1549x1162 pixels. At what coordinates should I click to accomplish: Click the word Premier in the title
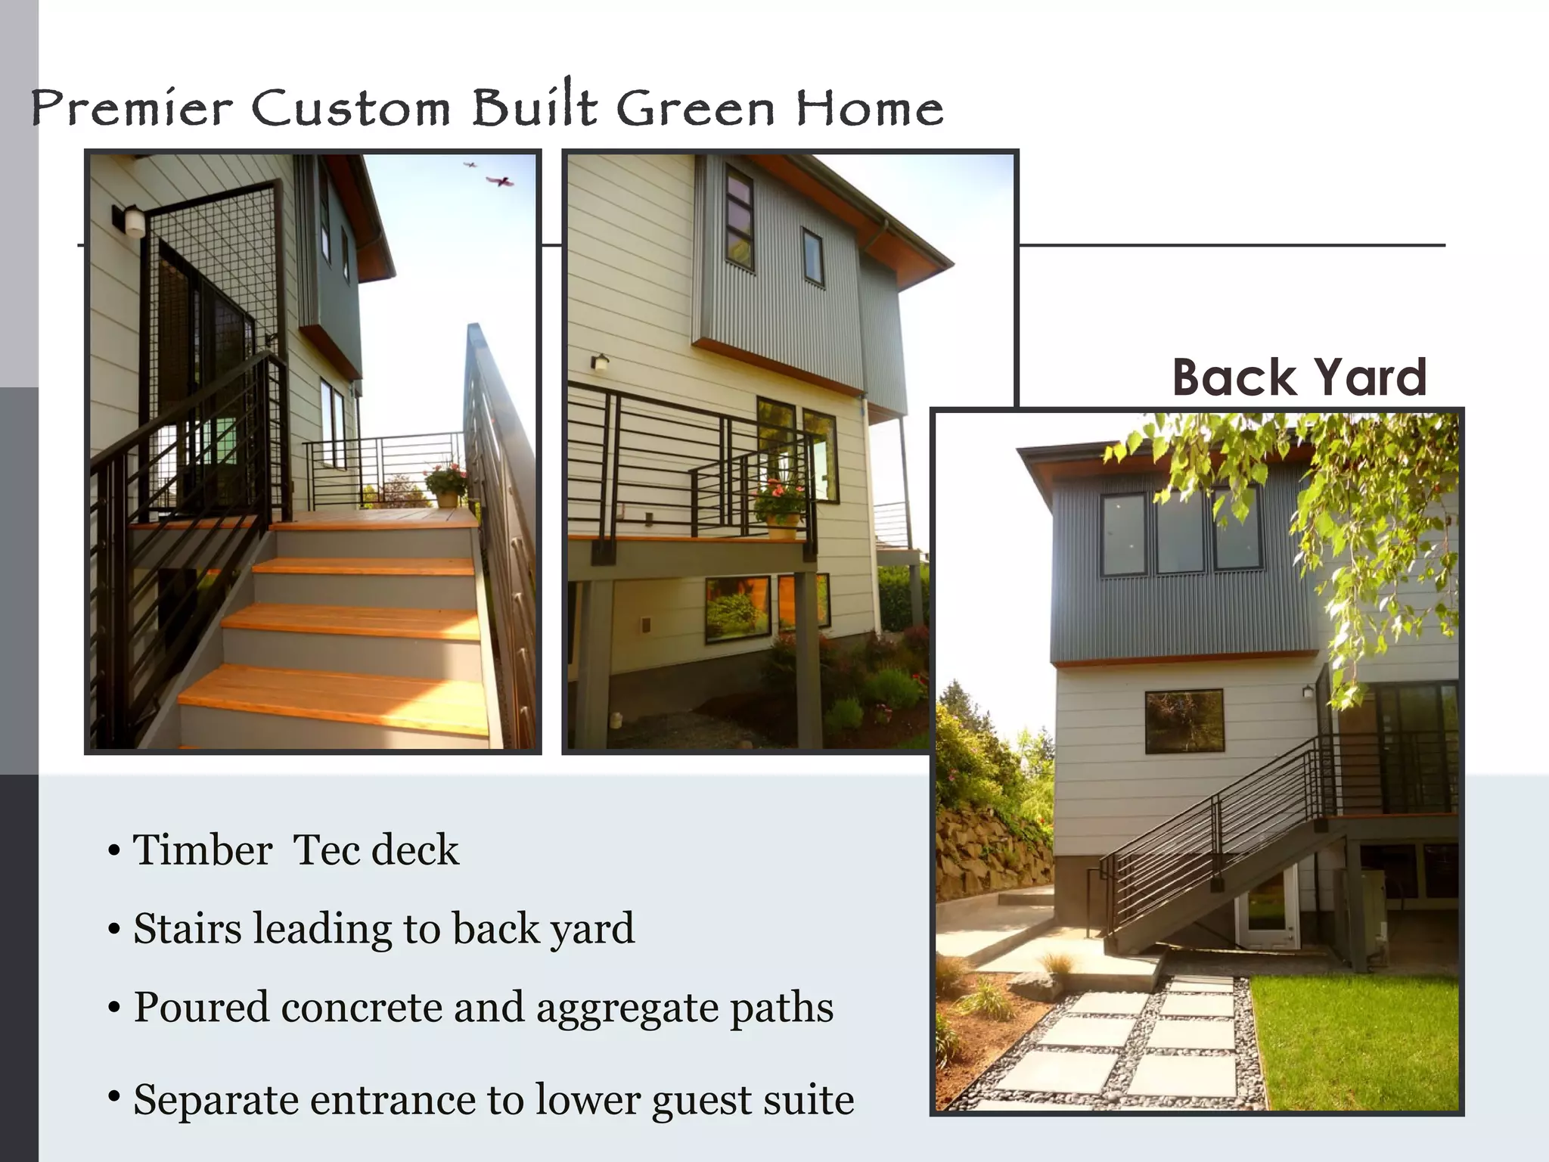(131, 108)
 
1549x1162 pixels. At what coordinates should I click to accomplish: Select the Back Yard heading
(1299, 377)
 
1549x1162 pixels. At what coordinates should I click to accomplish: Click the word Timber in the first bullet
(203, 850)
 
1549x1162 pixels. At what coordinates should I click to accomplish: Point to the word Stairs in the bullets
(187, 928)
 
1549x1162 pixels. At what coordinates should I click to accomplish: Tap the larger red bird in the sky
(500, 182)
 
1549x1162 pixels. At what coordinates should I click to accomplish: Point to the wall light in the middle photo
(601, 362)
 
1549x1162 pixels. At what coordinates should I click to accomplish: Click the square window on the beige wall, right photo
(1184, 721)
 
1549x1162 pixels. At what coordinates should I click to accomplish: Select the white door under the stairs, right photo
(1267, 907)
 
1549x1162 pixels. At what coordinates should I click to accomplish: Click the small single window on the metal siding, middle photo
(812, 256)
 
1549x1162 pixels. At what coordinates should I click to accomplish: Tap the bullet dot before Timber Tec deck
(114, 850)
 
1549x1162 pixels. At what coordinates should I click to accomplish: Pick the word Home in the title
(869, 108)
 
